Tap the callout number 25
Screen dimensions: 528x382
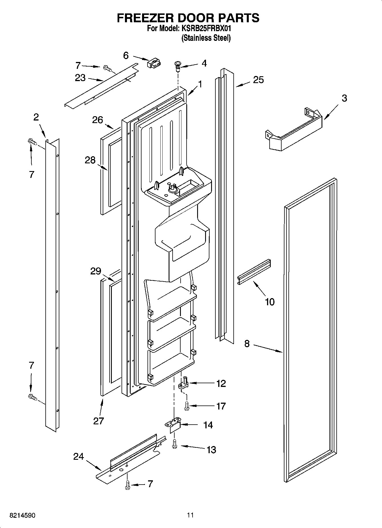[x=258, y=80]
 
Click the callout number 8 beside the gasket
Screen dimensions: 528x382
[x=247, y=344]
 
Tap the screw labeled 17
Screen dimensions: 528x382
[x=187, y=406]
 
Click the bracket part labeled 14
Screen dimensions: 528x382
[x=174, y=425]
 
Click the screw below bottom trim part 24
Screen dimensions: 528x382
[x=128, y=485]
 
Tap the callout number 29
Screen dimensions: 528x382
[x=96, y=271]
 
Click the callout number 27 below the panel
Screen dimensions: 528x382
[x=98, y=421]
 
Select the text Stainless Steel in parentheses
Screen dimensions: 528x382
[x=206, y=38]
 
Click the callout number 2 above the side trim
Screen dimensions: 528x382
[x=36, y=117]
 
